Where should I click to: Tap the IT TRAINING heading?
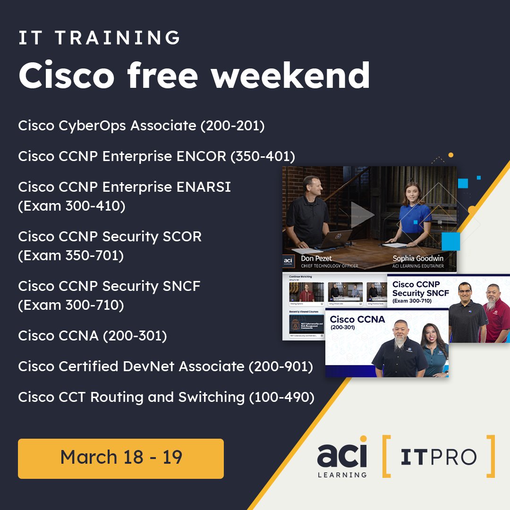[99, 38]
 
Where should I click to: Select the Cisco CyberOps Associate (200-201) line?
[141, 126]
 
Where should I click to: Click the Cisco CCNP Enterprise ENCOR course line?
[156, 157]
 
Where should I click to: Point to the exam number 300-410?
[99, 206]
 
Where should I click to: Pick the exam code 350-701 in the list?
[98, 255]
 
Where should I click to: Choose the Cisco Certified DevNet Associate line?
[165, 366]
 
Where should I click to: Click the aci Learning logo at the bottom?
[341, 457]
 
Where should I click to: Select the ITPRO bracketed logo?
[438, 457]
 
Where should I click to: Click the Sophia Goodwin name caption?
[417, 258]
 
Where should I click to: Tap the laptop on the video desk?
[335, 238]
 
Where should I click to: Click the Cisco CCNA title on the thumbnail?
[357, 320]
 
